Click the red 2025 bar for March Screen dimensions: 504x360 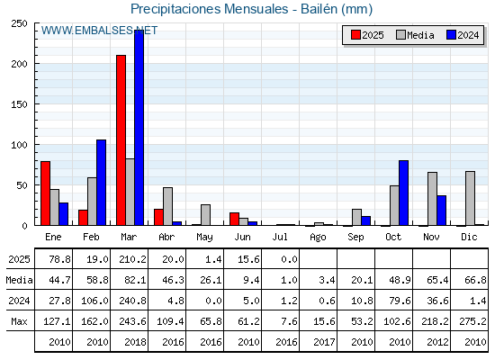click(x=121, y=140)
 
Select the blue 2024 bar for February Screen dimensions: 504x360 click(x=101, y=182)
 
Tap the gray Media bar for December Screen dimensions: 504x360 click(x=470, y=198)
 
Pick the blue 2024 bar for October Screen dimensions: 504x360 click(x=404, y=193)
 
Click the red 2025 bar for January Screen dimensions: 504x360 click(x=45, y=193)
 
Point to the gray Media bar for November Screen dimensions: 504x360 click(x=432, y=199)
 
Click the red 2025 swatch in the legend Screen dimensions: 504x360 click(x=355, y=35)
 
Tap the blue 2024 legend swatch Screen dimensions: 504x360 click(x=451, y=35)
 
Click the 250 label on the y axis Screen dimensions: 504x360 click(x=19, y=23)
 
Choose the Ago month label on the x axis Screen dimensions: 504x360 click(x=318, y=238)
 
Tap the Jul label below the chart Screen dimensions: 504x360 click(x=280, y=237)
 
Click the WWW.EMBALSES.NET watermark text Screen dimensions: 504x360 click(x=99, y=31)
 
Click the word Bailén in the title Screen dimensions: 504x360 click(x=319, y=9)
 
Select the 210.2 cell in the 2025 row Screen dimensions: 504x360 click(x=132, y=259)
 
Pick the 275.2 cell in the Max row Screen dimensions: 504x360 click(x=472, y=321)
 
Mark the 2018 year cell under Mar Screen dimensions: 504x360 click(x=135, y=342)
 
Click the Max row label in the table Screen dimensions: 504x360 click(x=19, y=321)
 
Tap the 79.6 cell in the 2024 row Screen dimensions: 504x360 click(x=400, y=301)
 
